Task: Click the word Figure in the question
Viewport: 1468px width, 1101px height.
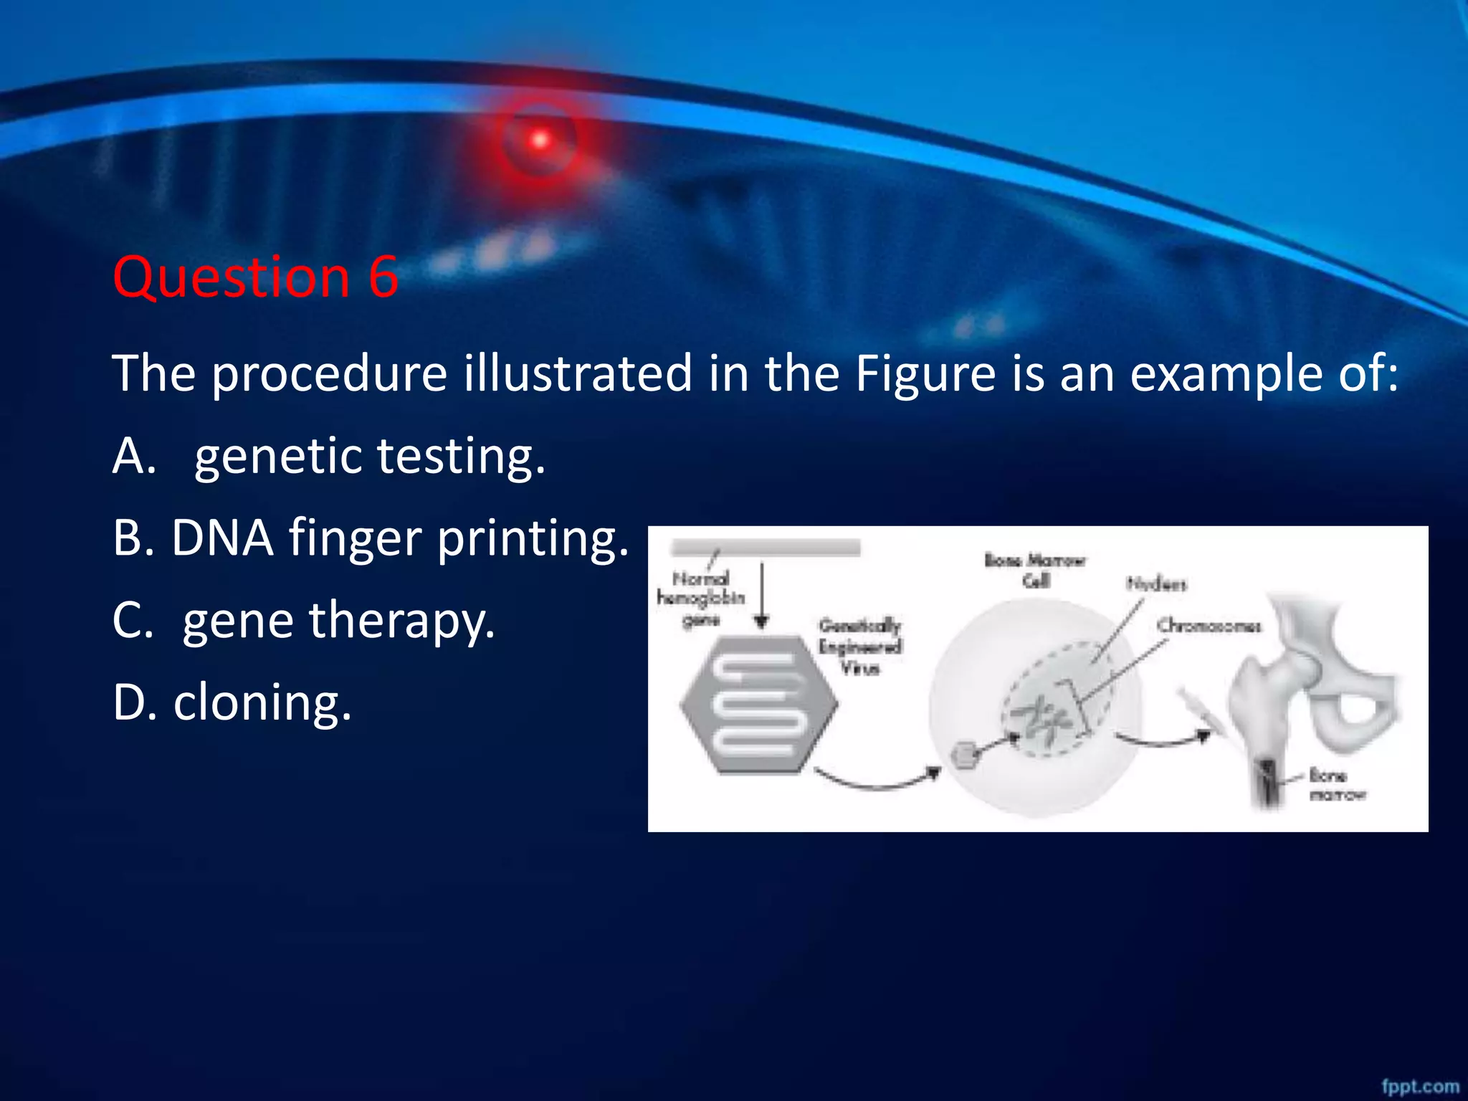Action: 925,373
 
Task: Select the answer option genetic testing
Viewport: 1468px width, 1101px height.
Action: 370,456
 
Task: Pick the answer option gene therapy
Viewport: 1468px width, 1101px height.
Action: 338,620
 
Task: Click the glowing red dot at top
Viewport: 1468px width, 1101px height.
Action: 540,140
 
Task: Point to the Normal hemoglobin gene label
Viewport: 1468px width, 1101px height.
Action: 701,598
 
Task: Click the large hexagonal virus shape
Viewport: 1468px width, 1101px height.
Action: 758,704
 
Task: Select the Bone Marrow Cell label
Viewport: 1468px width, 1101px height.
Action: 1034,570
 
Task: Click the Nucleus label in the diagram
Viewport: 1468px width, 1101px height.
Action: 1156,584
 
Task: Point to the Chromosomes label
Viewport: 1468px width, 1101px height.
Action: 1209,626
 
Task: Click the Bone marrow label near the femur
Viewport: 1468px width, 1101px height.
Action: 1337,784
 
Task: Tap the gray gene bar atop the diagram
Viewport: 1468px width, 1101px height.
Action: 765,548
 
